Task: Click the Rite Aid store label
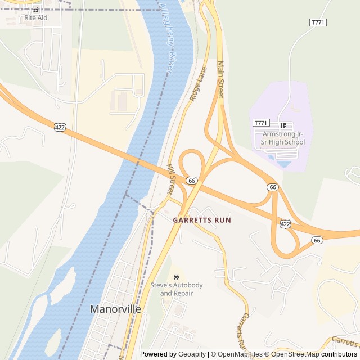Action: [36, 17]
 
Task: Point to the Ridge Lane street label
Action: [198, 84]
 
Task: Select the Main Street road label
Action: [220, 80]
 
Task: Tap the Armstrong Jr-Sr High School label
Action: [283, 138]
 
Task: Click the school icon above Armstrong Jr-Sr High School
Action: [283, 125]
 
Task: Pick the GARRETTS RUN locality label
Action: [202, 220]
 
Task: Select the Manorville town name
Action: [116, 309]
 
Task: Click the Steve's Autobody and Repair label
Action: [176, 289]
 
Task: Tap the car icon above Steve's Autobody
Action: [176, 277]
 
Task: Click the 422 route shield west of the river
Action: [60, 127]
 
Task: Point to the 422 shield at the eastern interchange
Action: [285, 224]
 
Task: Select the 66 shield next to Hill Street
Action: [192, 181]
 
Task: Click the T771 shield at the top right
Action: [318, 22]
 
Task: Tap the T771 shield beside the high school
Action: [261, 123]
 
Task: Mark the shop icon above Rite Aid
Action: [36, 10]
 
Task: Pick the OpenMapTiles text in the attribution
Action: [238, 354]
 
